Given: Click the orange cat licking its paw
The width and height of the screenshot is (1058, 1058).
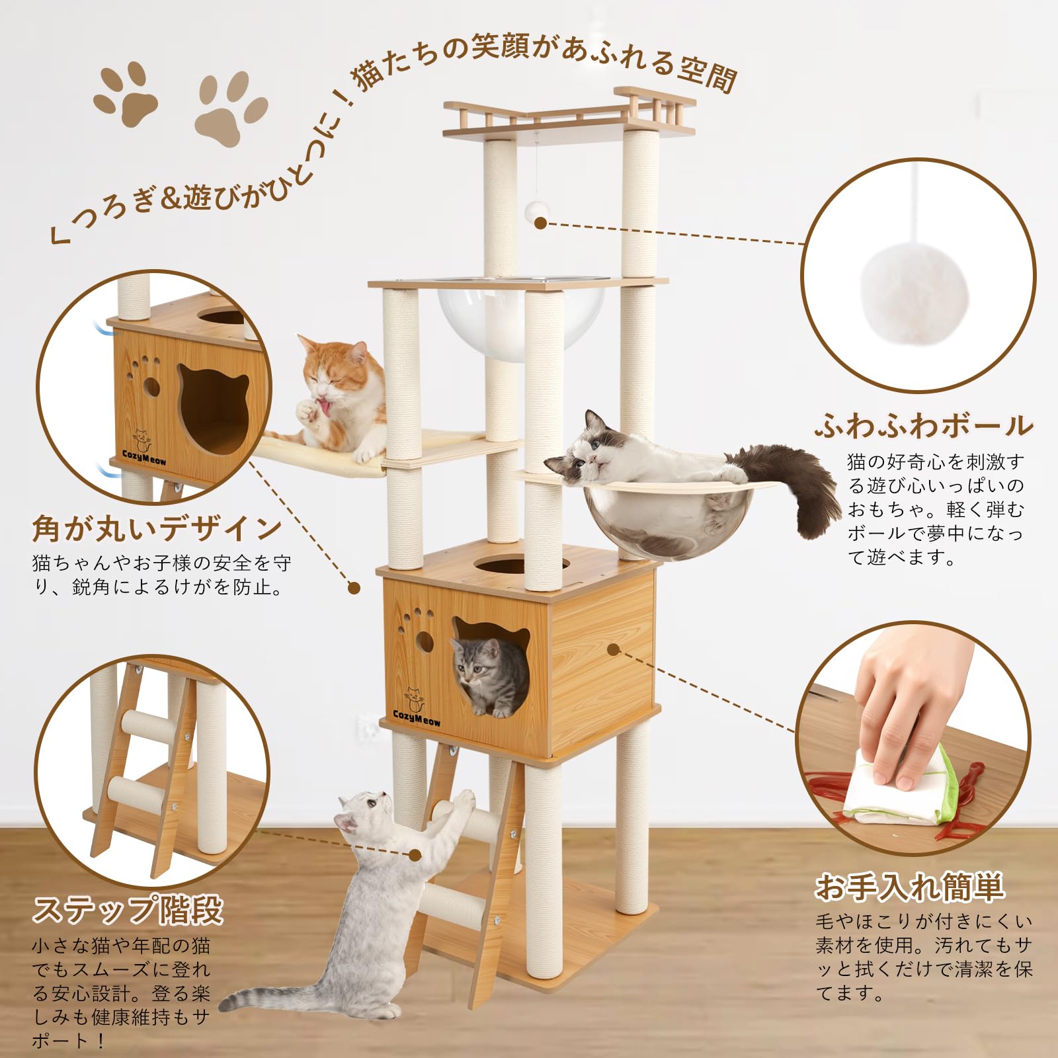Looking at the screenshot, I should pyautogui.click(x=341, y=397).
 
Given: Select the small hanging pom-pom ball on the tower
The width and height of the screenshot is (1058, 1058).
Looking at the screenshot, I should pyautogui.click(x=536, y=210).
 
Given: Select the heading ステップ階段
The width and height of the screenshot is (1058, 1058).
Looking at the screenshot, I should pyautogui.click(x=128, y=910).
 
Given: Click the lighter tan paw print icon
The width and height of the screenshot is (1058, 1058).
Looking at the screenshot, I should pyautogui.click(x=231, y=109).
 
